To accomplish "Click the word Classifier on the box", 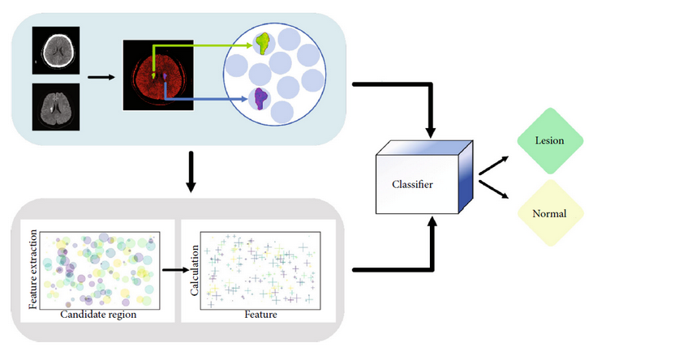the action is tap(412, 184).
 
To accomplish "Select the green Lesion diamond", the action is tap(550, 141).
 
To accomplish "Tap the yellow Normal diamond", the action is tap(550, 213).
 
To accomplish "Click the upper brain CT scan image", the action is tap(56, 50).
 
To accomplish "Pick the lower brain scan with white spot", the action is tap(56, 107).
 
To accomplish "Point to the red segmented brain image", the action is tap(158, 75).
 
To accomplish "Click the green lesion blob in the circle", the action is tap(264, 43).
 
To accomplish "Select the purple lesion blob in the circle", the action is tap(261, 98).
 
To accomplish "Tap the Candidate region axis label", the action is tap(98, 315).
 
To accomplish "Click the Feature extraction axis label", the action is tap(33, 269).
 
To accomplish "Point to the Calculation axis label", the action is tap(195, 271).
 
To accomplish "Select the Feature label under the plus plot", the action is tap(261, 315).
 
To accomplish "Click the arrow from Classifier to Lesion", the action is tap(494, 165).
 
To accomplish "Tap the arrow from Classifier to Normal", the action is tap(494, 189).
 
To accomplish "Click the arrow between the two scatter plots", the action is tap(175, 270).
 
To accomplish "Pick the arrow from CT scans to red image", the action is tap(101, 77).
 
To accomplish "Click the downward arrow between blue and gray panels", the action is tap(191, 172).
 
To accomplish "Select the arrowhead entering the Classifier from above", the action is tap(431, 132).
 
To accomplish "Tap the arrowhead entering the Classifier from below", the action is tap(432, 221).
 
